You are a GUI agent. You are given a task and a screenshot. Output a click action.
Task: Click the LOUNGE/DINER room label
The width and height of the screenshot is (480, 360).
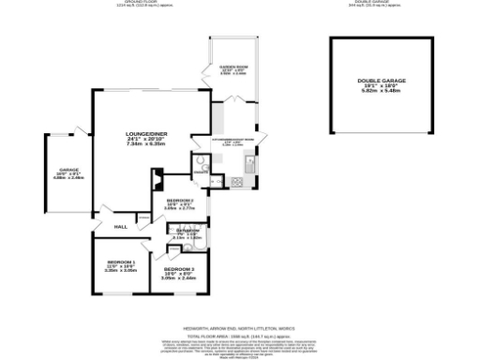tap(145, 134)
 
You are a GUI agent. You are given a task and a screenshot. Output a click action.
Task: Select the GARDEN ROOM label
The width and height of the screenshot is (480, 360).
tap(232, 67)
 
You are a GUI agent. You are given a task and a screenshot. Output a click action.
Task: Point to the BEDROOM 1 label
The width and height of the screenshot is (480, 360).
tap(122, 262)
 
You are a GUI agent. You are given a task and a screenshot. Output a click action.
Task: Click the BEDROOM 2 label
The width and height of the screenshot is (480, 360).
tap(180, 202)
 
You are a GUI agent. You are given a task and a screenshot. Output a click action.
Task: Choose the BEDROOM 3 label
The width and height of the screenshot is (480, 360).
tap(177, 268)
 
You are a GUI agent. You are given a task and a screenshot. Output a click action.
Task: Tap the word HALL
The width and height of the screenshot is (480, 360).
tap(121, 227)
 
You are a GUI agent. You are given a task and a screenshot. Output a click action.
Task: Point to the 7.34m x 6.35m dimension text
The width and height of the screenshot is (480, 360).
tap(145, 145)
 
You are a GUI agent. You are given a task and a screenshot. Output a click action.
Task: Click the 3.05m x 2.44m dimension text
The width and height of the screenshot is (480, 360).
tap(178, 278)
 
